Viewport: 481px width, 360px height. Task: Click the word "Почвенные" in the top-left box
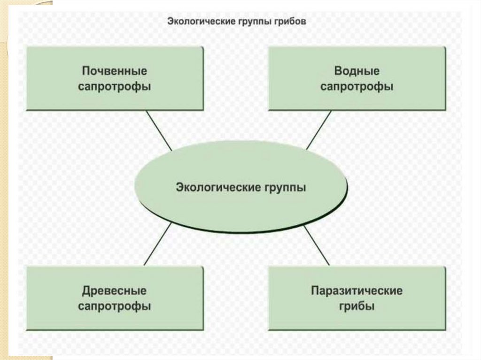point(115,71)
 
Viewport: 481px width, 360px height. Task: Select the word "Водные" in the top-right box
point(357,71)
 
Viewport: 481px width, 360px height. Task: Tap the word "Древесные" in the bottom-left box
point(115,291)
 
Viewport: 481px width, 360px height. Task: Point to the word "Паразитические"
point(357,291)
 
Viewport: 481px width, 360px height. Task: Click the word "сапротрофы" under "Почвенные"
point(115,87)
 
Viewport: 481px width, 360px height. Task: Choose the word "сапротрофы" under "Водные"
point(357,87)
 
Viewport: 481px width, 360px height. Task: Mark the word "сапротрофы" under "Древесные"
point(115,306)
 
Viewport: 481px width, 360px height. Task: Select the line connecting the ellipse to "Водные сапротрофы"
point(319,130)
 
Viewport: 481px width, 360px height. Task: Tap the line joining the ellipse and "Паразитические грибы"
point(317,245)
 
